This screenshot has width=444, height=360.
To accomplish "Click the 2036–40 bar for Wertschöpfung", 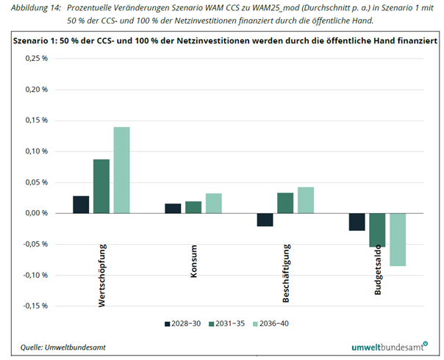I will (121, 170).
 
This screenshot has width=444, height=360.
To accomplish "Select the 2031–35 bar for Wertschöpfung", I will (101, 186).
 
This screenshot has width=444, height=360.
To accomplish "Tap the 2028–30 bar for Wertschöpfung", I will (81, 204).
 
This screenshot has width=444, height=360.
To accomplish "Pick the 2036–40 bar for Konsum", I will (213, 204).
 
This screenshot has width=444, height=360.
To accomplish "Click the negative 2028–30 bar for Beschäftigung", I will (265, 220).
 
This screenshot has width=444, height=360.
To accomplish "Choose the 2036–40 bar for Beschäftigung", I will (305, 200).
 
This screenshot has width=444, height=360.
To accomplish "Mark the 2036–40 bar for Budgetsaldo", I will (398, 240).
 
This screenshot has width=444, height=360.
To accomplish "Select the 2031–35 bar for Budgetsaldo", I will (378, 230).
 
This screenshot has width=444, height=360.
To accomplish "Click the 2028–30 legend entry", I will (182, 323).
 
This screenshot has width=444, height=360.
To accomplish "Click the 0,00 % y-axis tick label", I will (35, 213).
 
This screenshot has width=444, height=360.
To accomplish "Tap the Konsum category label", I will (193, 260).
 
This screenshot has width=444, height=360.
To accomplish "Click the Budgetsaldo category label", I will (377, 269).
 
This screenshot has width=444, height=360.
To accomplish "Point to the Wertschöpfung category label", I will (101, 273).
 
